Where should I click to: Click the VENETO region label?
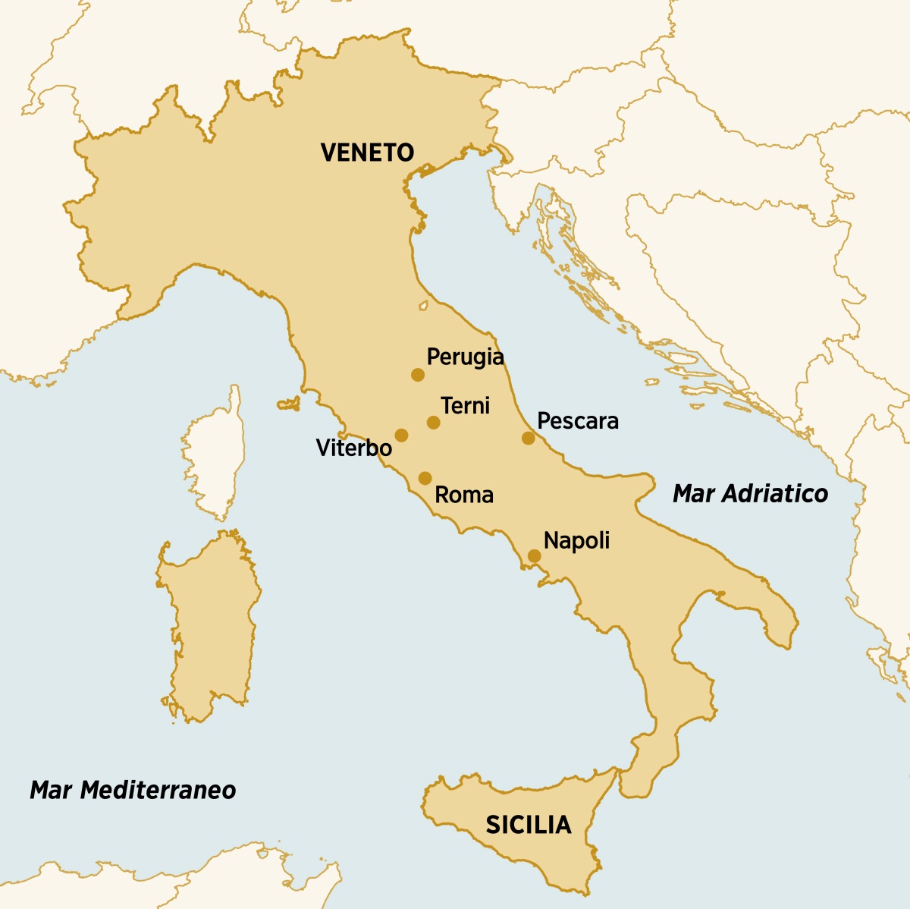[367, 153]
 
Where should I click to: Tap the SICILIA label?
[528, 825]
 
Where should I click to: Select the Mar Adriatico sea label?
[750, 494]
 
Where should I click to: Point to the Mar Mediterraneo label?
[133, 790]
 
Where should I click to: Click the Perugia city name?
[465, 357]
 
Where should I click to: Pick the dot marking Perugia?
[417, 375]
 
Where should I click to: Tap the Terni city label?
[465, 405]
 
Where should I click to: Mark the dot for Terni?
[433, 423]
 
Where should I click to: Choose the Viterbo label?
[353, 448]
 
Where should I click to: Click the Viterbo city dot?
[401, 436]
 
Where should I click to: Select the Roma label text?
[463, 495]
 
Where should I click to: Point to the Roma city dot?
[425, 478]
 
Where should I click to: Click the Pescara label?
[577, 421]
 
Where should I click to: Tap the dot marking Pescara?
[528, 438]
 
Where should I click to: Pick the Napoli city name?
[576, 541]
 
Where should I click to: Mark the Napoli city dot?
[534, 556]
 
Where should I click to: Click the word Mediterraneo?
[158, 790]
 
